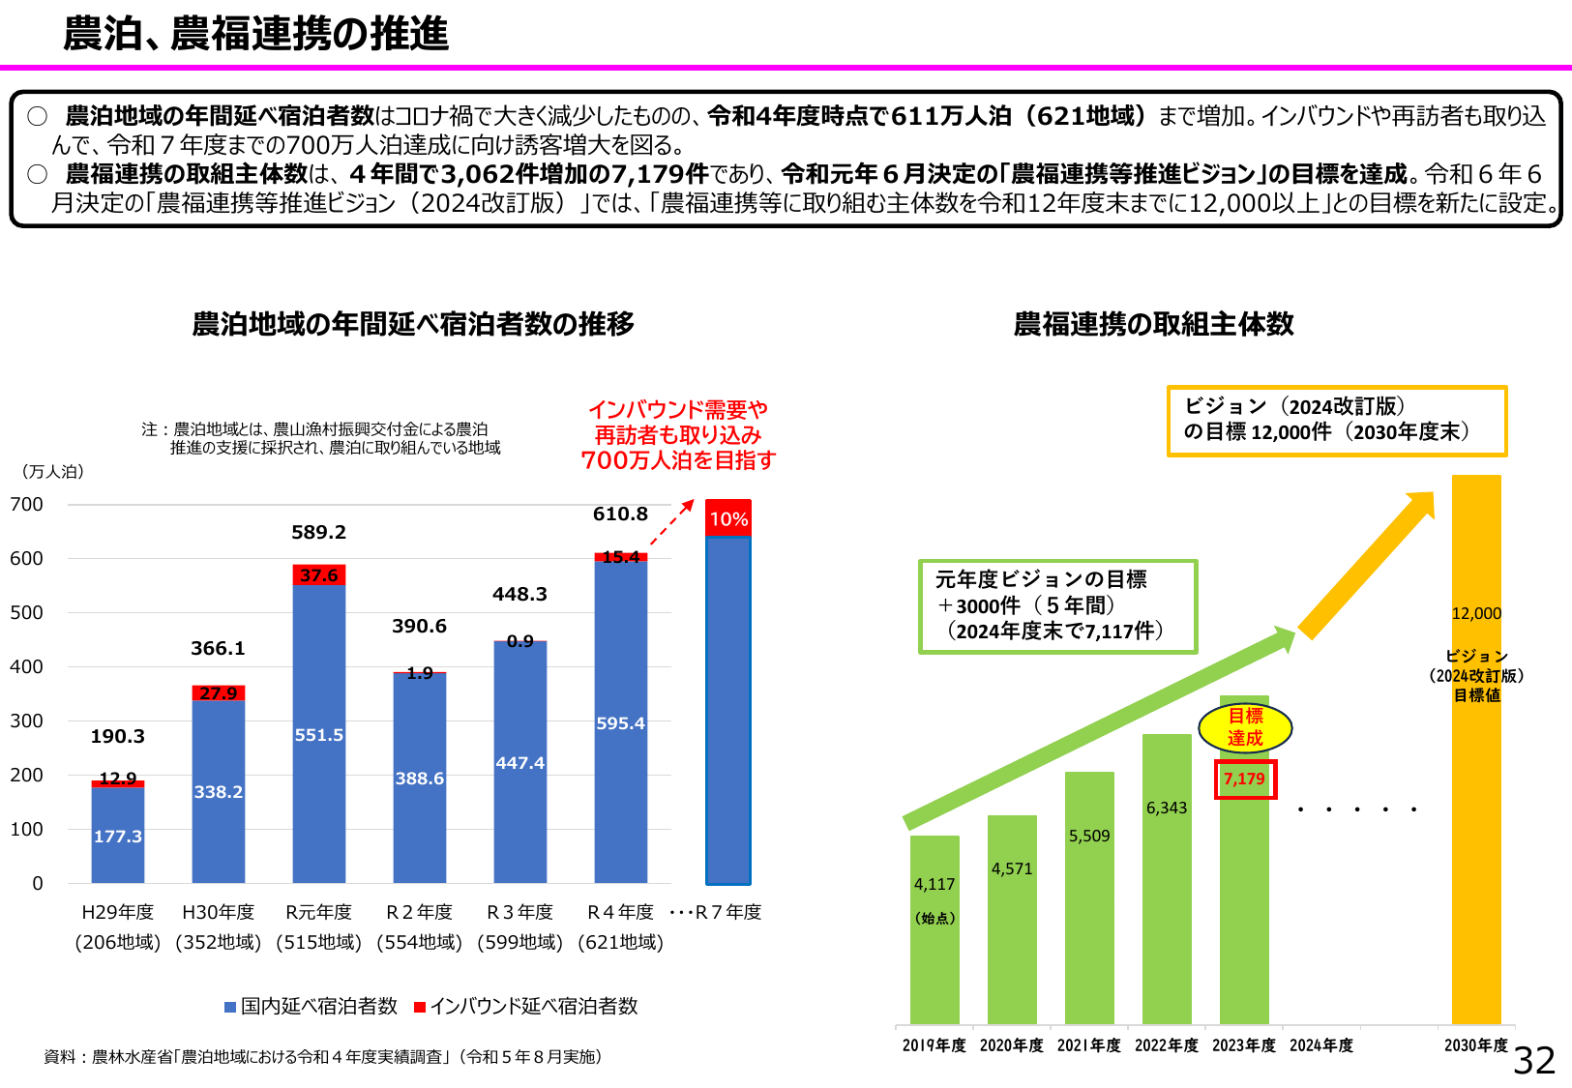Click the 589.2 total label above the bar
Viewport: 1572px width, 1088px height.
click(318, 533)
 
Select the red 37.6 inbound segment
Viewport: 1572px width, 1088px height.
click(318, 575)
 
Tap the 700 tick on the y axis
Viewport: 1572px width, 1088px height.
click(27, 504)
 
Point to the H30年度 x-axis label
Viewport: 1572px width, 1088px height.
click(219, 912)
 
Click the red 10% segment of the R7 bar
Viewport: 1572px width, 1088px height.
click(728, 518)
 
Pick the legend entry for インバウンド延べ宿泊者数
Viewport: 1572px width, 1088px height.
click(525, 1007)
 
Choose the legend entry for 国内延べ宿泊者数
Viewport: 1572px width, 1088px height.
click(311, 1007)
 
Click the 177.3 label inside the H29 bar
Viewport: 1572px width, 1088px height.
click(118, 837)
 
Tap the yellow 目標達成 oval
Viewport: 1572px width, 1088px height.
click(1245, 727)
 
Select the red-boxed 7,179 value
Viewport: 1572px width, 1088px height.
click(1245, 779)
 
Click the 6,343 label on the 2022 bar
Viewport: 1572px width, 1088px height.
click(1167, 809)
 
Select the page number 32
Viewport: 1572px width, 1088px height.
click(1534, 1061)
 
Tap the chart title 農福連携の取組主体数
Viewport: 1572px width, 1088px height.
click(1153, 324)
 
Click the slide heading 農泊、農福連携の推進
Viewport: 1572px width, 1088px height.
click(256, 34)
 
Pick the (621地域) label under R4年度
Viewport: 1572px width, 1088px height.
click(620, 942)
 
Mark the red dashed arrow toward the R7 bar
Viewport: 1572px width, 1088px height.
click(671, 523)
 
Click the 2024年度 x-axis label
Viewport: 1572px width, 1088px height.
click(1321, 1045)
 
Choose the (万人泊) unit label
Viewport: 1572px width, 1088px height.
click(52, 472)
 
